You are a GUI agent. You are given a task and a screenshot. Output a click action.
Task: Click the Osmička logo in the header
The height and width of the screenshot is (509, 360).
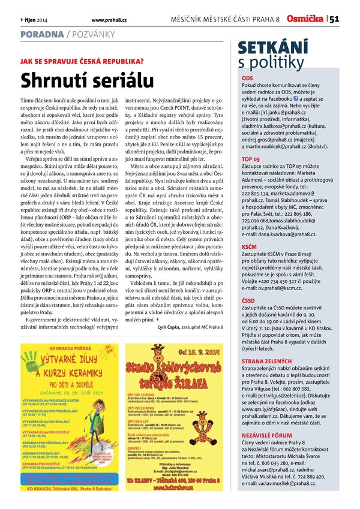tap(305, 19)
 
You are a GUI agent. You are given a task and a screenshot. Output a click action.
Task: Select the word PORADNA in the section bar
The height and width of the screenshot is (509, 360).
tap(41, 35)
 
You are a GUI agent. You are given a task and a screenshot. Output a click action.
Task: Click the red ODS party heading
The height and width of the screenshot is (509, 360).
tap(247, 79)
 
